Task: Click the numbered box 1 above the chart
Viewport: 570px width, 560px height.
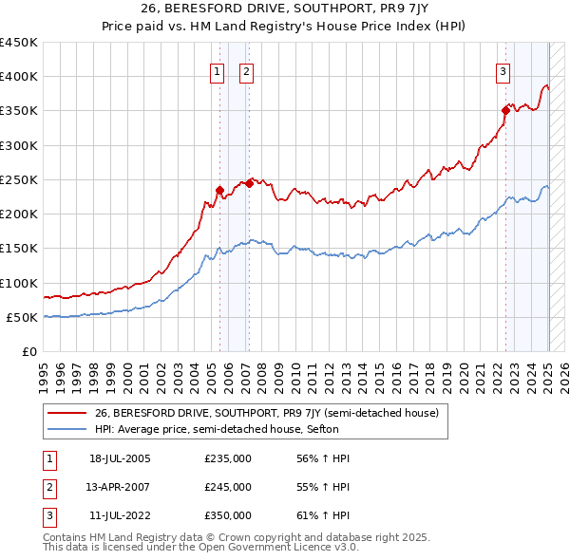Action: pyautogui.click(x=218, y=71)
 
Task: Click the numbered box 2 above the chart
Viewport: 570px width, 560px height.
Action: pyautogui.click(x=246, y=71)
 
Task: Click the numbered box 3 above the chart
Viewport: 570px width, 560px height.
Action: pyautogui.click(x=503, y=71)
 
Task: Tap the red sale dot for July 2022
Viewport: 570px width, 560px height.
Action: pyautogui.click(x=505, y=110)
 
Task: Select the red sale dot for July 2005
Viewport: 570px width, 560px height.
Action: pyautogui.click(x=219, y=190)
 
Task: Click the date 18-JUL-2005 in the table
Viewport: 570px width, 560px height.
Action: pyautogui.click(x=120, y=458)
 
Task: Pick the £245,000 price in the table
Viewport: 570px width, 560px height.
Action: pyautogui.click(x=228, y=487)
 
